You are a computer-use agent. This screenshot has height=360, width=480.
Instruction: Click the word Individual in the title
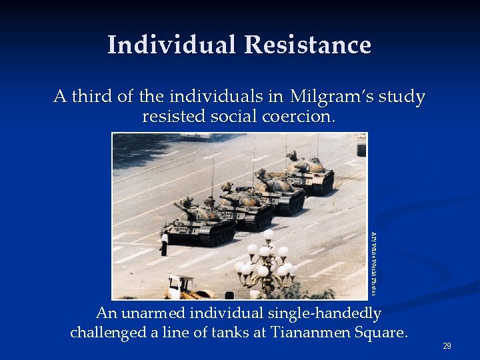click(171, 45)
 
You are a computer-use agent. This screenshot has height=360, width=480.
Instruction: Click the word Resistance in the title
click(307, 45)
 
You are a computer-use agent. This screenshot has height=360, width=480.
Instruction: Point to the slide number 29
click(447, 346)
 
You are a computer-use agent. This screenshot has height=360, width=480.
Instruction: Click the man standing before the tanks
click(164, 243)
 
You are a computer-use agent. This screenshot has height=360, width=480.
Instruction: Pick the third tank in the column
click(280, 189)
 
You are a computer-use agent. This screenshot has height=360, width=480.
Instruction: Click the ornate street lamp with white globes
click(266, 263)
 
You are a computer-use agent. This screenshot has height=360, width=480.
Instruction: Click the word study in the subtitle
click(402, 97)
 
